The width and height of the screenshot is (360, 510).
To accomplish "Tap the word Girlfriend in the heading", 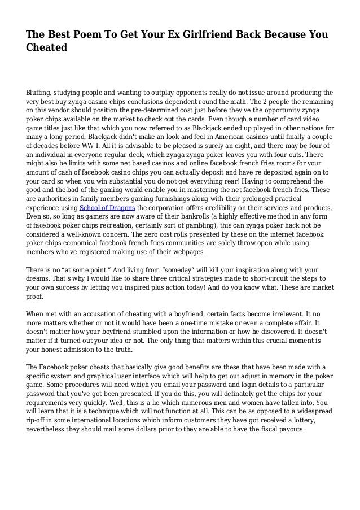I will coord(210,36).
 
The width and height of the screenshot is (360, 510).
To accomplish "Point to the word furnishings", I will coord(169,198).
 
